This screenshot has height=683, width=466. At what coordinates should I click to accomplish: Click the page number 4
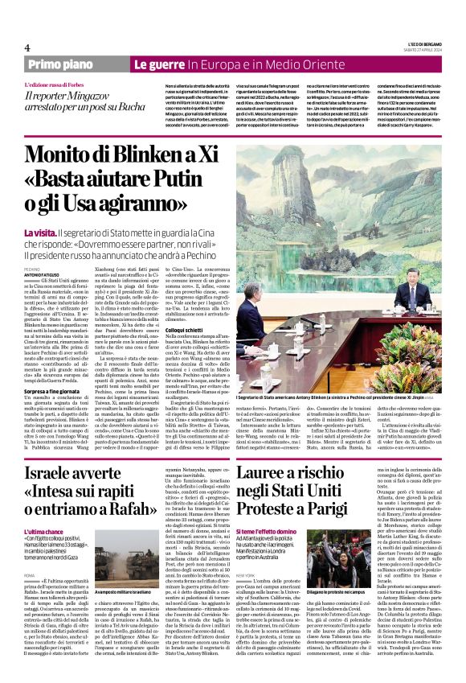pos(28,47)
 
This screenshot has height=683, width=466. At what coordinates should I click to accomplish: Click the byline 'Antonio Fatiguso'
pos(42,273)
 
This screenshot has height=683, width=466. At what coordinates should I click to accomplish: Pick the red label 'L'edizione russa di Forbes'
pos(59,84)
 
